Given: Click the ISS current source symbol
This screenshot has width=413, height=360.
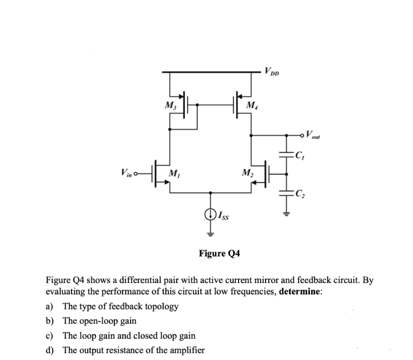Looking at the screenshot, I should (210, 215).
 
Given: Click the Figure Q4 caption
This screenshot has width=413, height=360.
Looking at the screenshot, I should (220, 253).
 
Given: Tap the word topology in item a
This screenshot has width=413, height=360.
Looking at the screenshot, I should (159, 306).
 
